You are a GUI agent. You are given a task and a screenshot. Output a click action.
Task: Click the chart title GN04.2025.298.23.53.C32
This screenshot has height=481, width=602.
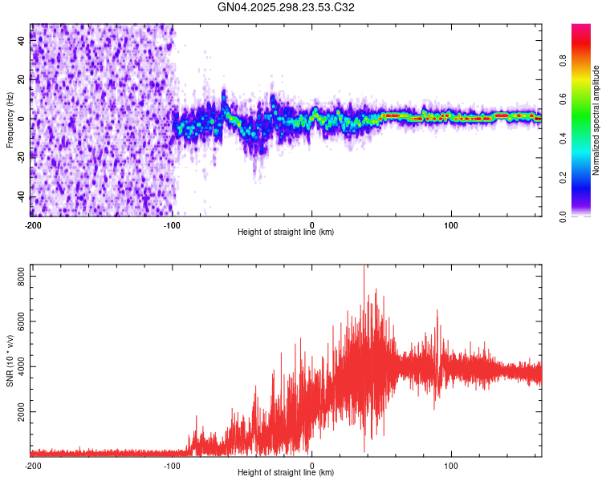pos(287,7)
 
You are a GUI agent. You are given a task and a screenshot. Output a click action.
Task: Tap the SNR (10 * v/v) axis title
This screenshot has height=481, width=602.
pos(10,361)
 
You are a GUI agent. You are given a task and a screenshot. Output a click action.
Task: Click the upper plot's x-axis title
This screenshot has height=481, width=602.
pos(286,232)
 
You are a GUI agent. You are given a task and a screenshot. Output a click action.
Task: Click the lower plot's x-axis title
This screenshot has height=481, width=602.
pos(286,472)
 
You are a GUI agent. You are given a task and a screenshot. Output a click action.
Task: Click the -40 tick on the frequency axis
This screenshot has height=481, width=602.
pos(21,197)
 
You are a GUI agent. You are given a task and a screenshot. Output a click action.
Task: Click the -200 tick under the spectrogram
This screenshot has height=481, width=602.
pos(32,225)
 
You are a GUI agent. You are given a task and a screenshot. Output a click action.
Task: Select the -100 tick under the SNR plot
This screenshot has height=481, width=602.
pos(172,465)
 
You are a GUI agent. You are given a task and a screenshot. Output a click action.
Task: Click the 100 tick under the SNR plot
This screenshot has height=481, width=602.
pos(451,465)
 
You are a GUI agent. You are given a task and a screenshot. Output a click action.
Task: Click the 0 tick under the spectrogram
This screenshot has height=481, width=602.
pos(312,225)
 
